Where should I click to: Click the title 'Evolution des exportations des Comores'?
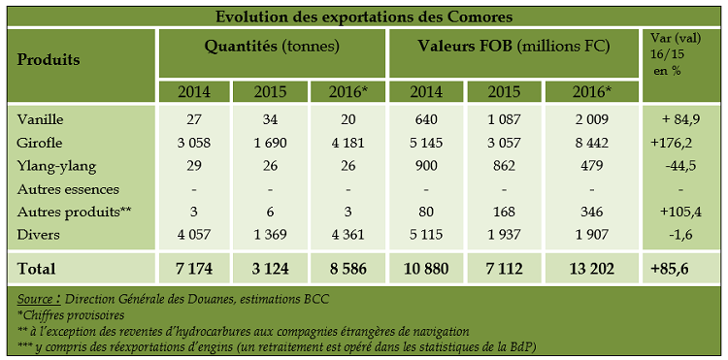tap(363, 16)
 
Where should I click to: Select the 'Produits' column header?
tap(49, 59)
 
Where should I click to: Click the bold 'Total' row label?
tap(37, 267)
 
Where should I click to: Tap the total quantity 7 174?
tap(195, 267)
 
